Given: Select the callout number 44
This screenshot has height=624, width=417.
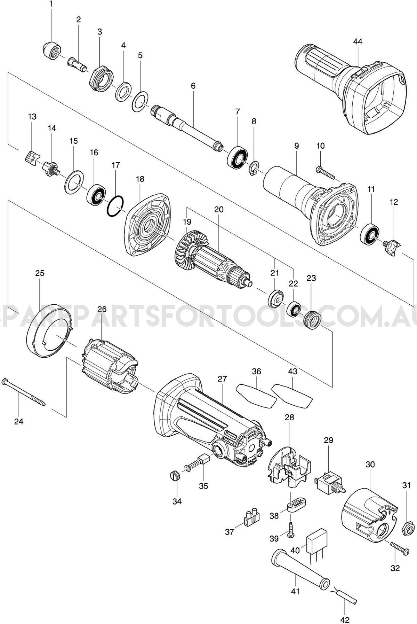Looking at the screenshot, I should pos(358,41).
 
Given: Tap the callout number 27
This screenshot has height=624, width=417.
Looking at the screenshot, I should pos(222,379).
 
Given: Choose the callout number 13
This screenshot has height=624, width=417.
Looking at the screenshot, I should pos(32,116).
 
